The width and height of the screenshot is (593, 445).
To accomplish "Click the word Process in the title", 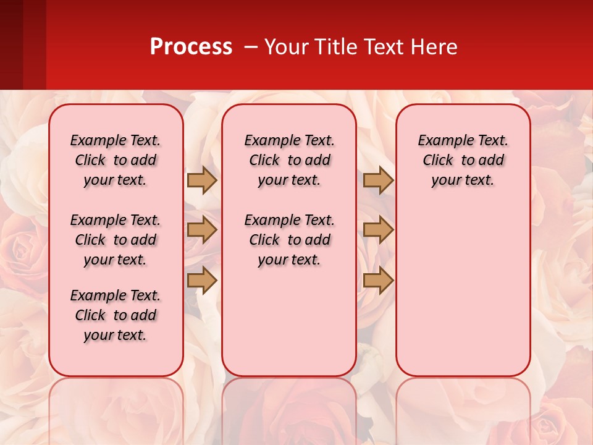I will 191,47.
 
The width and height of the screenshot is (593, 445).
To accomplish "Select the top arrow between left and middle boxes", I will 202,180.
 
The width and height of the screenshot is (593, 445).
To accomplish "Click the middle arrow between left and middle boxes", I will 202,230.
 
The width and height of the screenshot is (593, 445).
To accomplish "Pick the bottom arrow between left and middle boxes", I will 202,280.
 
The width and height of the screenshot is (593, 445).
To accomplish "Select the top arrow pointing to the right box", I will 378,180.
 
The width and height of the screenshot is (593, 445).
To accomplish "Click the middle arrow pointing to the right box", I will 378,230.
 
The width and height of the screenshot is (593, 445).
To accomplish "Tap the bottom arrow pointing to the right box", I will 378,280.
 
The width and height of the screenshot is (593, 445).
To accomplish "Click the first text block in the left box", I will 116,160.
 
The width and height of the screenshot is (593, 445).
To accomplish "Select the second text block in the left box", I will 116,240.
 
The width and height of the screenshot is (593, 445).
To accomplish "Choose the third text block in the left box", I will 116,315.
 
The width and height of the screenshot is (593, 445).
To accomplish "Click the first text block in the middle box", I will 290,160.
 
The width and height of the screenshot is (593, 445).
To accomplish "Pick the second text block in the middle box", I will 290,240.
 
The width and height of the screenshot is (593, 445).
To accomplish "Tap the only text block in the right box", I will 463,160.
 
